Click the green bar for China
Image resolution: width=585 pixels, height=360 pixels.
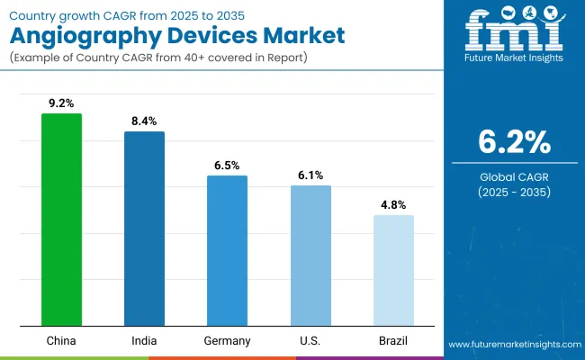[61, 220]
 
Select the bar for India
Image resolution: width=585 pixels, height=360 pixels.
[144, 229]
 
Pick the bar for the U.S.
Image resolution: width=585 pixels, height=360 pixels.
[310, 256]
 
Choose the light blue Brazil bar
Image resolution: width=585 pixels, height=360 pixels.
[393, 270]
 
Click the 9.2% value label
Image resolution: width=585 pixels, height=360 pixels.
[61, 104]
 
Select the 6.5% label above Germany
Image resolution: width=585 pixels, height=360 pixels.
[227, 166]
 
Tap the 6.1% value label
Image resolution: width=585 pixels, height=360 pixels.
[310, 175]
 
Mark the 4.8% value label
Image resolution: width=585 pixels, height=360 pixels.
[393, 205]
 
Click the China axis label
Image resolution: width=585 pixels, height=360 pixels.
[61, 341]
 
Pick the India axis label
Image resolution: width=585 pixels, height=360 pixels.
[144, 341]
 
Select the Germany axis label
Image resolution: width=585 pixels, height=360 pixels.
[227, 341]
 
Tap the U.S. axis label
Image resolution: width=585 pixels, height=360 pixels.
[310, 341]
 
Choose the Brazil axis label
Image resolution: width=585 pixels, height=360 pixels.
[393, 341]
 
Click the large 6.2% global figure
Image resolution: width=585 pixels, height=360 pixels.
[512, 143]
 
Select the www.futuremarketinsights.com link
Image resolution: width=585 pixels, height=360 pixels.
[510, 345]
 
